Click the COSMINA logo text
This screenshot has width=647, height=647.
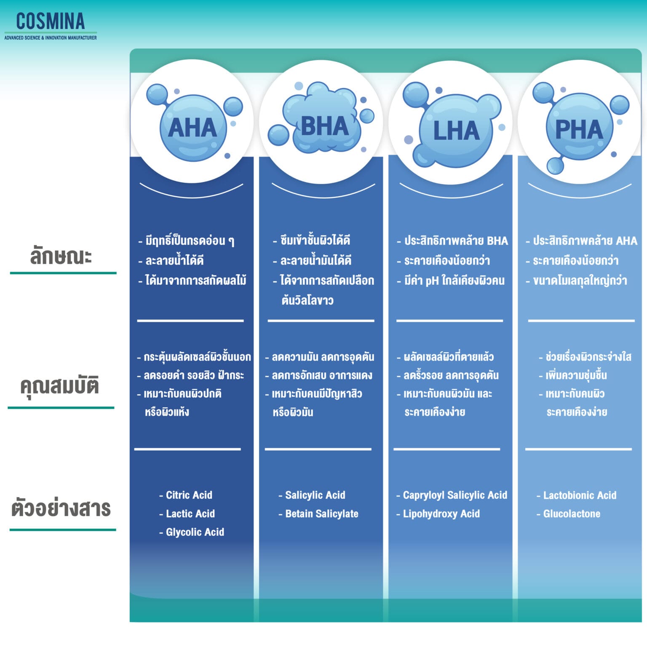pos(51,21)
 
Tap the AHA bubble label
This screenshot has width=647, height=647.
pos(192,128)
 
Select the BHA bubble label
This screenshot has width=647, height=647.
pos(325,126)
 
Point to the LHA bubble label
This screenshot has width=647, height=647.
pos(456,131)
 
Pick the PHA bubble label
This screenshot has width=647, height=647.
pos(579,129)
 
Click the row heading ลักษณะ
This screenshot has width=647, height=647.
pos(61,256)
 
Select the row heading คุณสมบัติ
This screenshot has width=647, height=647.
pos(59,386)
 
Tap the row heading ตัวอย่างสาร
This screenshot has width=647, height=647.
pos(61,508)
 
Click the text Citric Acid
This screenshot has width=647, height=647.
pos(189,495)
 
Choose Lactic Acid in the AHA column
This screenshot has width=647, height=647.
pos(190,513)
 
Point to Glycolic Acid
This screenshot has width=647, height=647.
pos(195,532)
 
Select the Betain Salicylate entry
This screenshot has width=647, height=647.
pos(321,513)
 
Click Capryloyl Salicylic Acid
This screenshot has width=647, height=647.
pos(455,495)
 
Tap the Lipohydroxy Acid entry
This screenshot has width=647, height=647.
pos(441,513)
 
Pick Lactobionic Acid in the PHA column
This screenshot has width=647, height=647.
pos(579,495)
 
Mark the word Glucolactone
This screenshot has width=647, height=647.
pos(571,513)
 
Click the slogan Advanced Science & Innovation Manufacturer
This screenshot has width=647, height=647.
pos(51,38)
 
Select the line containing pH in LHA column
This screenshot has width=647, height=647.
pos(454,281)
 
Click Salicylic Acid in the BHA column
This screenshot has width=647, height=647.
pos(315,495)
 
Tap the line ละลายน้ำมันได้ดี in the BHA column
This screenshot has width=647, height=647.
pos(315,260)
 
